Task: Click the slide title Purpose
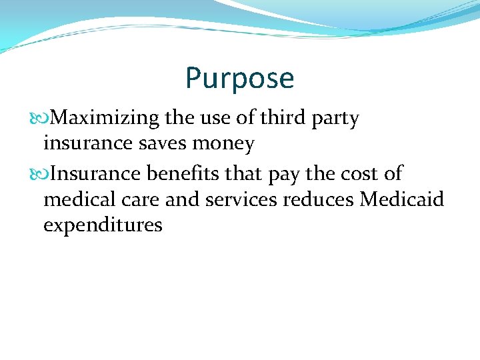[x=239, y=79]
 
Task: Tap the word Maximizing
[x=105, y=119]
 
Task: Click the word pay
[x=283, y=175]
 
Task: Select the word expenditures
[x=103, y=225]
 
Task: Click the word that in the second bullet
[x=244, y=173]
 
